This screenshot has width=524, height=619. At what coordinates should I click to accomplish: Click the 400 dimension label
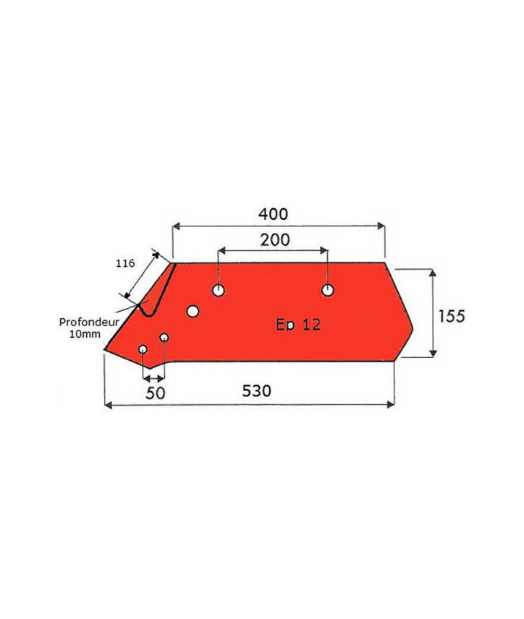pyautogui.click(x=273, y=214)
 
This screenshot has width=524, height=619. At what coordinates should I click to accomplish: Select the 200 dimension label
pyautogui.click(x=274, y=239)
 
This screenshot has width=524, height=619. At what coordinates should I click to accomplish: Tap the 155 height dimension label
pyautogui.click(x=452, y=316)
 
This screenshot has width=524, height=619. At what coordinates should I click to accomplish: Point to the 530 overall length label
pyautogui.click(x=257, y=390)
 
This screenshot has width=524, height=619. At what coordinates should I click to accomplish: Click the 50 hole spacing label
pyautogui.click(x=156, y=393)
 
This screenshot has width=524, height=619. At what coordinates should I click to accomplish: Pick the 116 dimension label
pyautogui.click(x=125, y=263)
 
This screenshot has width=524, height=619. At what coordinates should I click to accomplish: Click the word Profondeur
pyautogui.click(x=89, y=322)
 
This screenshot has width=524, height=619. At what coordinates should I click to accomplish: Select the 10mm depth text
pyautogui.click(x=85, y=334)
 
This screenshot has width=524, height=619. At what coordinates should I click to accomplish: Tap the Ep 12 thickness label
pyautogui.click(x=298, y=325)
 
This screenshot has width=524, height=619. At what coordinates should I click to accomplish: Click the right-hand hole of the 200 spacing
pyautogui.click(x=328, y=290)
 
